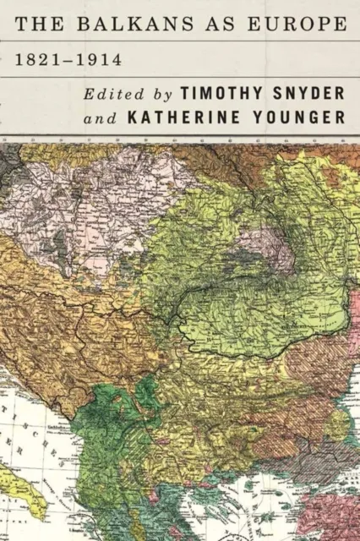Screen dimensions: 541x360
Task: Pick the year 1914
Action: click(x=97, y=63)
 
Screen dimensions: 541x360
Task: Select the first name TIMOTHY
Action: click(x=221, y=95)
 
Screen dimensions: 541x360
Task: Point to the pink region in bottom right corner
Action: click(x=334, y=516)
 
